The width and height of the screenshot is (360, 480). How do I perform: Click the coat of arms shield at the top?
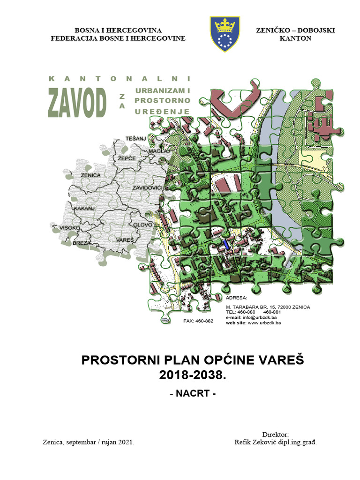tap(225, 33)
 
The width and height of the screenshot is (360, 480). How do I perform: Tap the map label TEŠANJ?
tap(136, 138)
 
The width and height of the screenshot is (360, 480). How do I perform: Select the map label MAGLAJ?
tap(158, 152)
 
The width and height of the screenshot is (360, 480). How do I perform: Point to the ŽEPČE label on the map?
tap(127, 158)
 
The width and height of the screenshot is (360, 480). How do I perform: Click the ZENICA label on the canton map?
tap(90, 175)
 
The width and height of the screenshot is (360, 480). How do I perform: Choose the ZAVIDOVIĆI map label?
tap(147, 187)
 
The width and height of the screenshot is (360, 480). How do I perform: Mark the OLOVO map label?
tap(142, 225)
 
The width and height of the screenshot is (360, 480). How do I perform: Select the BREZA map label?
tap(82, 242)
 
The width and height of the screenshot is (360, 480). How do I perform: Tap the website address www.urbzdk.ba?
tap(264, 322)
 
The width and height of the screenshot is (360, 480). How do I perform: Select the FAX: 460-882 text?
tap(198, 321)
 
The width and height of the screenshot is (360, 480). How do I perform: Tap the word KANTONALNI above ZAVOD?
tap(120, 78)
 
